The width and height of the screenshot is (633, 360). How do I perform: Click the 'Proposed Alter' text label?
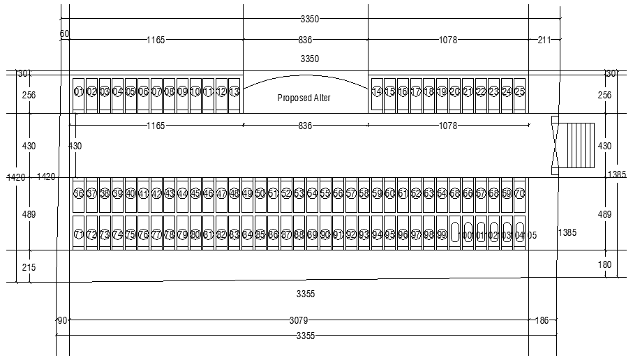304,98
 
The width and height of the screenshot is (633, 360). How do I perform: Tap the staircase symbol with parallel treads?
580,146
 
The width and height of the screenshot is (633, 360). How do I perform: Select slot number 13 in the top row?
234,91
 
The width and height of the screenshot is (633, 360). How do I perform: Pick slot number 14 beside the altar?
377,91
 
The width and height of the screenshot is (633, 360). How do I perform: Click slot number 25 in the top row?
519,91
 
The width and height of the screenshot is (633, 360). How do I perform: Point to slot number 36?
78,193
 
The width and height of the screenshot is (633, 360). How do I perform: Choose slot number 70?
519,193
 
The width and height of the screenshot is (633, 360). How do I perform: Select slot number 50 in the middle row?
260,193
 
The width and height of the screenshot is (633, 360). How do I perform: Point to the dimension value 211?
544,40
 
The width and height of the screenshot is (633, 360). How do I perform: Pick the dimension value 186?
542,320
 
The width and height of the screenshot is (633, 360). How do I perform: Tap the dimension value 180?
605,264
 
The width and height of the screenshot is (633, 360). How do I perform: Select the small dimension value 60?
64,33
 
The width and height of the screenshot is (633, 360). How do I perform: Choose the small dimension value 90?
61,320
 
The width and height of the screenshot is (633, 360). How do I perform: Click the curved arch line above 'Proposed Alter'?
305,76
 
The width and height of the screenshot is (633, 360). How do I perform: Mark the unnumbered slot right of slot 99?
454,232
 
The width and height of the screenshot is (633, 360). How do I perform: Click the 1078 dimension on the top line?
447,40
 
